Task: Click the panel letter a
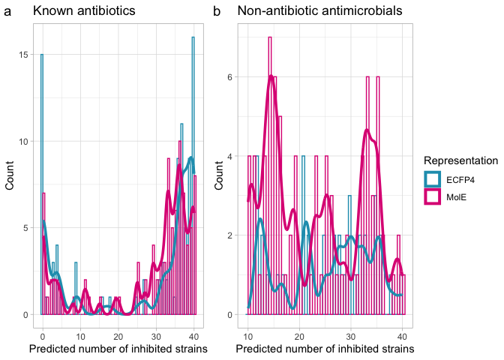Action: (7, 12)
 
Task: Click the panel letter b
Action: (217, 12)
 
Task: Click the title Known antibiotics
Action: (84, 12)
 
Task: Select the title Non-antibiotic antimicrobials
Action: (319, 12)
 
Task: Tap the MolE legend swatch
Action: (433, 196)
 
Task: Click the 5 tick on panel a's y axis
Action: (26, 228)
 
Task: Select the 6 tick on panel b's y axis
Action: (231, 76)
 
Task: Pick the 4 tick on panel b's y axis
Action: (231, 156)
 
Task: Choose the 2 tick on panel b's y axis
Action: (231, 235)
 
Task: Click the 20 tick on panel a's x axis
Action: (118, 335)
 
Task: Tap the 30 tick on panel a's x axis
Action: (155, 335)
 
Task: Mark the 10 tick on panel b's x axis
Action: (248, 335)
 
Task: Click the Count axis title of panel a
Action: (10, 176)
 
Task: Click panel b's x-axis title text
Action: (325, 349)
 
